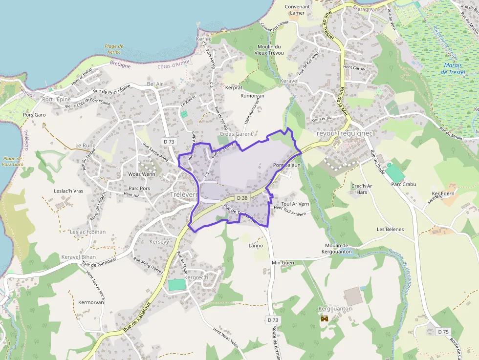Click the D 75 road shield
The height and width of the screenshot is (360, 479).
[x=443, y=332]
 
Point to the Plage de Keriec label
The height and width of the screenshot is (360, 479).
[x=114, y=49]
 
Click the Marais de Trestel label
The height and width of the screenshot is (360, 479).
[x=453, y=68]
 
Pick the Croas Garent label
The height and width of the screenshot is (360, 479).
[x=237, y=134]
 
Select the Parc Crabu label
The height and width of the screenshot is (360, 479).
[x=404, y=184]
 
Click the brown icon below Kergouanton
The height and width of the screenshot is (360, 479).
[x=325, y=318]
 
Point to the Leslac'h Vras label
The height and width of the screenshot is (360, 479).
[x=68, y=191]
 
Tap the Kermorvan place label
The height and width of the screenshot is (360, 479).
[x=91, y=302]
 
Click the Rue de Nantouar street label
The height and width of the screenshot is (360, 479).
[x=102, y=264]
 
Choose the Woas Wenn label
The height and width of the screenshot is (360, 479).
[x=141, y=174]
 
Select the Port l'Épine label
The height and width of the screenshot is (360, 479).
[x=57, y=99]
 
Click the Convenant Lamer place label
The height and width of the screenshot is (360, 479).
[x=297, y=10]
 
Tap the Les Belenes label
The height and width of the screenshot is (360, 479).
[x=390, y=229]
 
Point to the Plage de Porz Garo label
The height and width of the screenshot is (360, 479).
[x=13, y=161]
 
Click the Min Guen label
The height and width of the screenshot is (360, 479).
[x=283, y=262]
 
